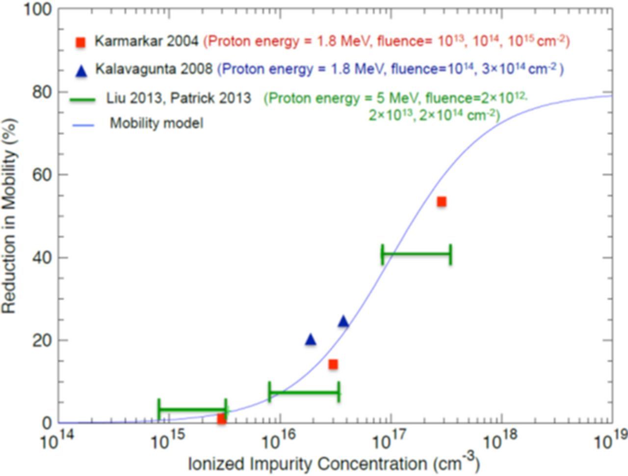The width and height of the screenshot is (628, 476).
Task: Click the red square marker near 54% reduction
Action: (442, 201)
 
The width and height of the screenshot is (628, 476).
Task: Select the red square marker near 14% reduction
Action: (333, 364)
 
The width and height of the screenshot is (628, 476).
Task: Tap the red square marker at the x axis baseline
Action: (222, 419)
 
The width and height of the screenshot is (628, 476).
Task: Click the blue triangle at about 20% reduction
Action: (311, 340)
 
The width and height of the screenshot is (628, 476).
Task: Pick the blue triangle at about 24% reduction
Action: (343, 322)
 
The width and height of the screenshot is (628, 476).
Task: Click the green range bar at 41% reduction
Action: (417, 254)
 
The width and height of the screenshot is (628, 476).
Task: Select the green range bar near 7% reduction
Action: (304, 392)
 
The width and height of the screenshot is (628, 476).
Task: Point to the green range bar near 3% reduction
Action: (192, 409)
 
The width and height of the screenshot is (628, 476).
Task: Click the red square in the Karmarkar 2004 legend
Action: (81, 42)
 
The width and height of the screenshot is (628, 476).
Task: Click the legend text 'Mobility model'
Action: (156, 122)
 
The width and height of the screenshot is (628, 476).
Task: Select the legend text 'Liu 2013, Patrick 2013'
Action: (179, 98)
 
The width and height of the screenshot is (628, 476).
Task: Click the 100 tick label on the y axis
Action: (38, 9)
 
